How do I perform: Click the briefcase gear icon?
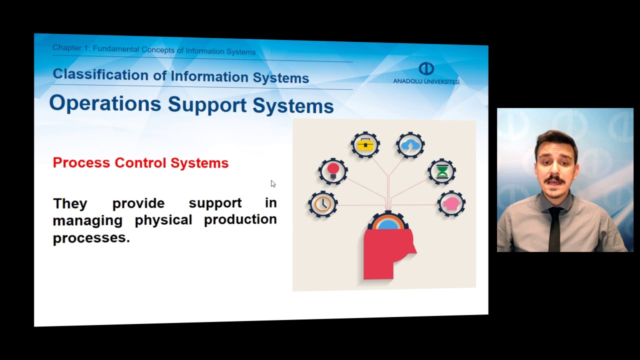(365, 145)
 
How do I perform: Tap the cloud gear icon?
(410, 145)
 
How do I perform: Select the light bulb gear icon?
(333, 171)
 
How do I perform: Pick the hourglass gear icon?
(442, 172)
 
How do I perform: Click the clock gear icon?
(323, 204)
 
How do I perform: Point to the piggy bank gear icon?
(451, 204)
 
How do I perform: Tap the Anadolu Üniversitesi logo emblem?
(426, 68)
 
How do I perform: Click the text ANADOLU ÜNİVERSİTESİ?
(426, 81)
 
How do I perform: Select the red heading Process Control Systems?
(140, 163)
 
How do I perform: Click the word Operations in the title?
(105, 103)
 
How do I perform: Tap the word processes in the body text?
(91, 238)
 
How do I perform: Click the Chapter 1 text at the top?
(70, 48)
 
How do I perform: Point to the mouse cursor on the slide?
(272, 183)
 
